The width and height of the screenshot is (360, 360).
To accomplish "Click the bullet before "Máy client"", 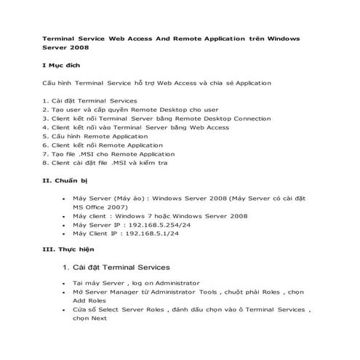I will pos(65,215).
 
